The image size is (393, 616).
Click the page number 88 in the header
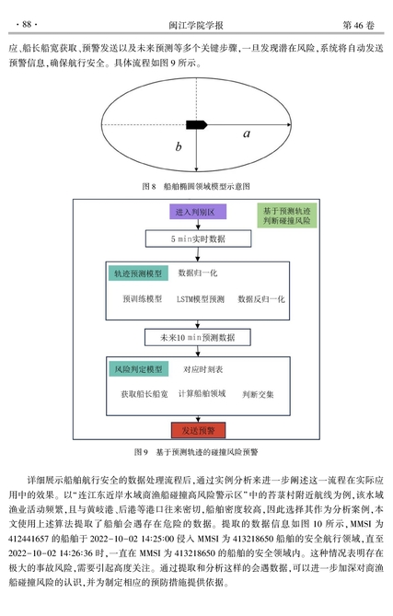(x=27, y=24)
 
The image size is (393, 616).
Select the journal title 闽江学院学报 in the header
(x=196, y=25)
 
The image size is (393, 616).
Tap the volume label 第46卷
(x=358, y=25)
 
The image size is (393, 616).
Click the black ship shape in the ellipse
(x=196, y=125)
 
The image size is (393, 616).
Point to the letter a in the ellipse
(x=247, y=134)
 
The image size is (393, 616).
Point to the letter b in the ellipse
(x=179, y=146)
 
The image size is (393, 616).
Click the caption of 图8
(x=196, y=186)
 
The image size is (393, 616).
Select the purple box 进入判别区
(x=198, y=212)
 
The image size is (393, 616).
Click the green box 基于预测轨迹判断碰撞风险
(x=286, y=215)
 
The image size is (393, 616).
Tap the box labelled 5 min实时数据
(x=198, y=238)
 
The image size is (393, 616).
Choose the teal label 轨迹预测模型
(x=138, y=273)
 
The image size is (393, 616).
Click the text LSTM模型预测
(x=201, y=299)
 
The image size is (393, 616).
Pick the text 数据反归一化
(x=261, y=299)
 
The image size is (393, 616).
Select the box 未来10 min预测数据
(x=198, y=337)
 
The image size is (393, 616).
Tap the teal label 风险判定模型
(x=138, y=369)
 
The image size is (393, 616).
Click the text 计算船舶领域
(x=202, y=394)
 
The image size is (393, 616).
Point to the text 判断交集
(x=258, y=394)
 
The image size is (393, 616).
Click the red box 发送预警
(x=198, y=430)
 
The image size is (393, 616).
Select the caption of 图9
(x=196, y=452)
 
